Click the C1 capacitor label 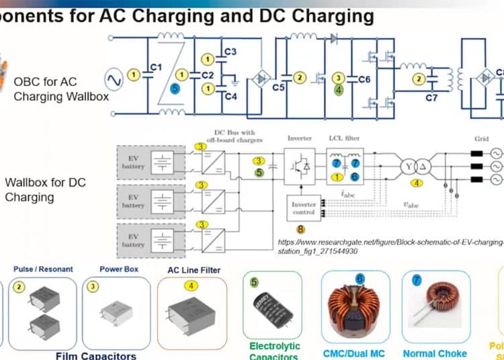click(155, 67)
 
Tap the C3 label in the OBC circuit click(230, 51)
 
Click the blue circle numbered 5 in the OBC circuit click(175, 87)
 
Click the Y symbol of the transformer click(407, 166)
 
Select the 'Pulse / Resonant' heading click(43, 269)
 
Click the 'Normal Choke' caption click(434, 353)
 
